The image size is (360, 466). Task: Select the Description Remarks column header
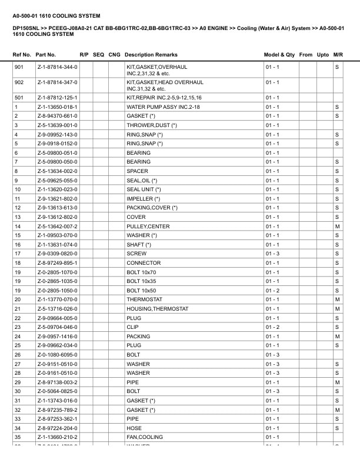click(x=151, y=55)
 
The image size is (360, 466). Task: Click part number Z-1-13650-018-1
click(x=57, y=107)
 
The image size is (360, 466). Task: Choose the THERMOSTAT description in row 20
click(x=145, y=299)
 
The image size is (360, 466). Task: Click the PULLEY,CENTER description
click(x=148, y=227)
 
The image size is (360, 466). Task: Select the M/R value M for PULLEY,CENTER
click(x=337, y=227)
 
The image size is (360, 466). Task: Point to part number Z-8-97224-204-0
click(x=57, y=428)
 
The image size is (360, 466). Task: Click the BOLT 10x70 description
click(x=142, y=272)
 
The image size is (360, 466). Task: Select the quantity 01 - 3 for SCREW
click(x=272, y=254)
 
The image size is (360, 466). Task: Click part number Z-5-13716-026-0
click(x=57, y=309)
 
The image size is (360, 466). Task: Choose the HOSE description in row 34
click(x=134, y=428)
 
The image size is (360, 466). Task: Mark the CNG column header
click(x=115, y=55)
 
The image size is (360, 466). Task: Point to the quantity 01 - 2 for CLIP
click(x=272, y=327)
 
